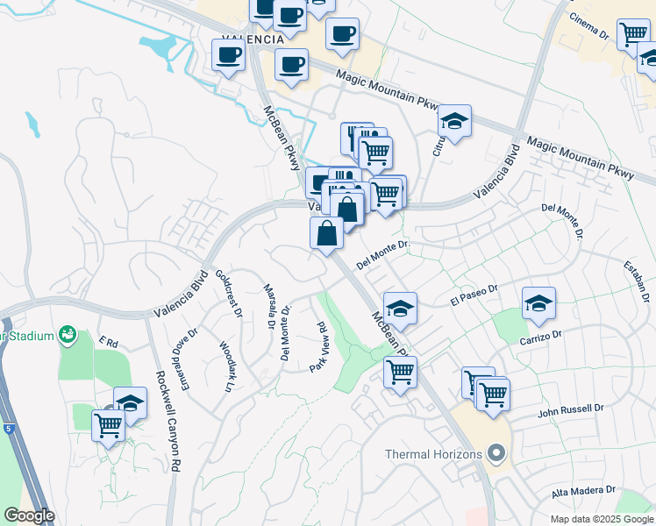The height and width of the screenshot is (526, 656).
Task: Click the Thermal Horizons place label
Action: pos(434,454)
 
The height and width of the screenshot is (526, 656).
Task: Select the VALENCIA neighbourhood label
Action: pos(253,39)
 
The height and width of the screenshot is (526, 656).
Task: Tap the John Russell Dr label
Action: pos(571,409)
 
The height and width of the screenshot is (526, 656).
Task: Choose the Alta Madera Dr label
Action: pos(584,492)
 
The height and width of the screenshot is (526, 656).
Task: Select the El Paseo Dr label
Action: pos(474,294)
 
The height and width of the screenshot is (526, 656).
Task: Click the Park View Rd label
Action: pos(317,347)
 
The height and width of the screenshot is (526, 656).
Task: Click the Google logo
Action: pos(28,515)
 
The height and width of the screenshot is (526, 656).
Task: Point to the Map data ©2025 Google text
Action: pos(601,519)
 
